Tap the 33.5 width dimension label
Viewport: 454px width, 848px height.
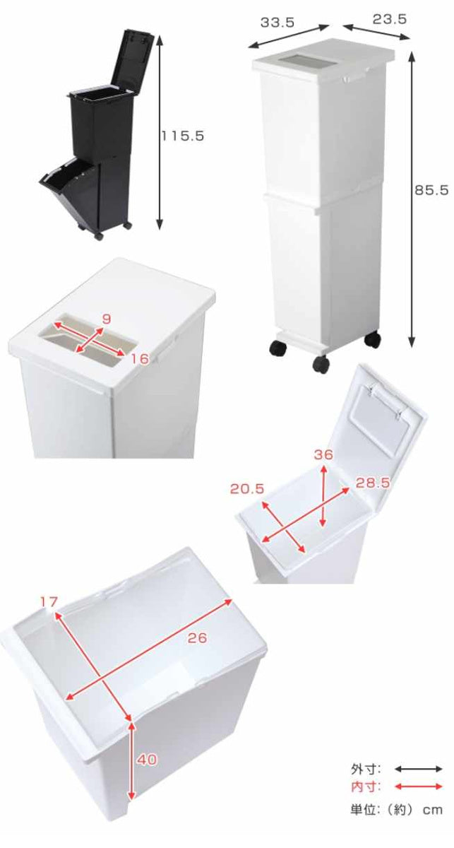pos(277,22)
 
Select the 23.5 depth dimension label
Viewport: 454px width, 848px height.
pos(389,20)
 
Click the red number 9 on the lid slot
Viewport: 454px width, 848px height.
pos(106,319)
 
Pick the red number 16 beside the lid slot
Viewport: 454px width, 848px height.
pos(140,359)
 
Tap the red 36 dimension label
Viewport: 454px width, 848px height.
pos(323,455)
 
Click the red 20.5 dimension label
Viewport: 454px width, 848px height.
pos(246,488)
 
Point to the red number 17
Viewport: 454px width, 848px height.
pos(48,601)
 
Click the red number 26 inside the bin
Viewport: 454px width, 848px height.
pos(197,638)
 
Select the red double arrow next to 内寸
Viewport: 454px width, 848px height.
pos(418,787)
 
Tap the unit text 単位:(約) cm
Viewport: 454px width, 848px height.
pos(397,809)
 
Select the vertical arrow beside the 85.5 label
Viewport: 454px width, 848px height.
pos(412,201)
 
